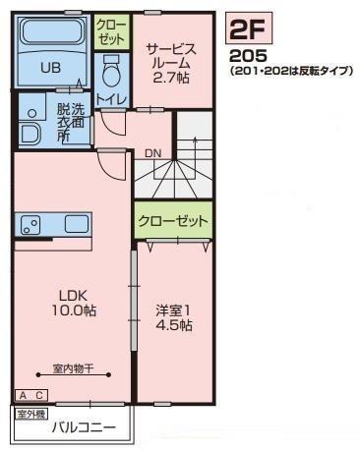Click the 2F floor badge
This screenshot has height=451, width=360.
coord(249,28)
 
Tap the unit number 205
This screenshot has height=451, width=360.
coord(248,56)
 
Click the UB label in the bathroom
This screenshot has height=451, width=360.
coord(50,68)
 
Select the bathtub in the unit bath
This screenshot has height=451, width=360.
coord(52,32)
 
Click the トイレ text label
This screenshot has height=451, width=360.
coord(111,98)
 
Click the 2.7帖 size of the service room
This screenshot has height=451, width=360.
coord(171,78)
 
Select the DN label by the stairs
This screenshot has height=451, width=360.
coord(153,153)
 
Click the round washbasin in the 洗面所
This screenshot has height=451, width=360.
coord(31,113)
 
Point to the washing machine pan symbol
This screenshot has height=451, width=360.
coord(30,134)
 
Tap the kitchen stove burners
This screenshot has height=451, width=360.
coord(30,225)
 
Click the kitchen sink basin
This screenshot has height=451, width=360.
coord(77,224)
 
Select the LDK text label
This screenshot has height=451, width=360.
coord(73,296)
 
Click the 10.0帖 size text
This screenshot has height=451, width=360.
coord(74,310)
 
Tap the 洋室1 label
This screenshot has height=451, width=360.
coord(173,310)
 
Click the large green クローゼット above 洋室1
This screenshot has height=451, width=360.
coord(173,221)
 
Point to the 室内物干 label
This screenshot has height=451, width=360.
coord(74,368)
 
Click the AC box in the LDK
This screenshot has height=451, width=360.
coord(31,395)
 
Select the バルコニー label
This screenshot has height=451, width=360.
coord(85,427)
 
